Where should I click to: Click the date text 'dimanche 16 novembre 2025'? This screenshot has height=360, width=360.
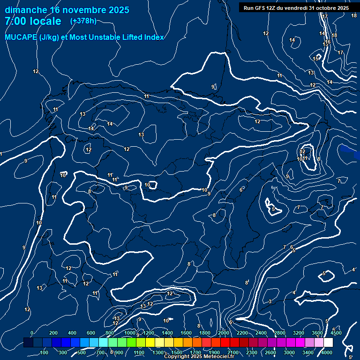[x=67, y=10]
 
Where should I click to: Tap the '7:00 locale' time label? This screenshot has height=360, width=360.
[x=33, y=21]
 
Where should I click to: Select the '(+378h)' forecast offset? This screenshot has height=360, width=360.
[x=83, y=21]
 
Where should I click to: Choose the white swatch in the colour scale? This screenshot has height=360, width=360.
[x=328, y=343]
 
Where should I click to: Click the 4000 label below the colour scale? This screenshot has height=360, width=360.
[x=327, y=352]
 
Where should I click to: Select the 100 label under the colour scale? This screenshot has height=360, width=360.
[x=44, y=352]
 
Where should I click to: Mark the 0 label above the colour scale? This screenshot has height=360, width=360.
[x=32, y=333]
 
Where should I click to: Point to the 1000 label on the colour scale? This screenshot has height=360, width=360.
[x=130, y=333]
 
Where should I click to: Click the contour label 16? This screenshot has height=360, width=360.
[x=328, y=42]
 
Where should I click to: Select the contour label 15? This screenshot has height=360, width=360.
[x=316, y=59]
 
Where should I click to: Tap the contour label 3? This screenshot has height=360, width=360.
[x=270, y=301]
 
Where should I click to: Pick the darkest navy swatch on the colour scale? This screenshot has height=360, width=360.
[x=28, y=343]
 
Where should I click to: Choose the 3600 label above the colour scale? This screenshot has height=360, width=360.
[x=317, y=333]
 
